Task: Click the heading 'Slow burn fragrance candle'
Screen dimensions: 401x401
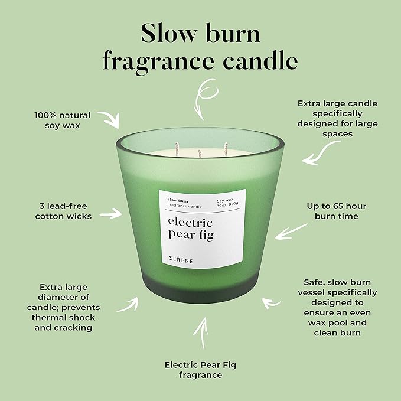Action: coord(200,47)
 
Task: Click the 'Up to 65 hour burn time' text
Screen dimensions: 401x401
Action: coord(337,211)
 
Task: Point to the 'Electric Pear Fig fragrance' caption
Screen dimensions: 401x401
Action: coord(201,369)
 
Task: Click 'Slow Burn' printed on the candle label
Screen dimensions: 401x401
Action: coord(177,200)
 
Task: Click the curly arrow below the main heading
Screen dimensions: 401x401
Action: coord(203,101)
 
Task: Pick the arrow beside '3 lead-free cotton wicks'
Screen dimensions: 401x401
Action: coord(110,213)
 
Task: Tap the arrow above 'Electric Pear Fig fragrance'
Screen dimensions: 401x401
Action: coord(203,334)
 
